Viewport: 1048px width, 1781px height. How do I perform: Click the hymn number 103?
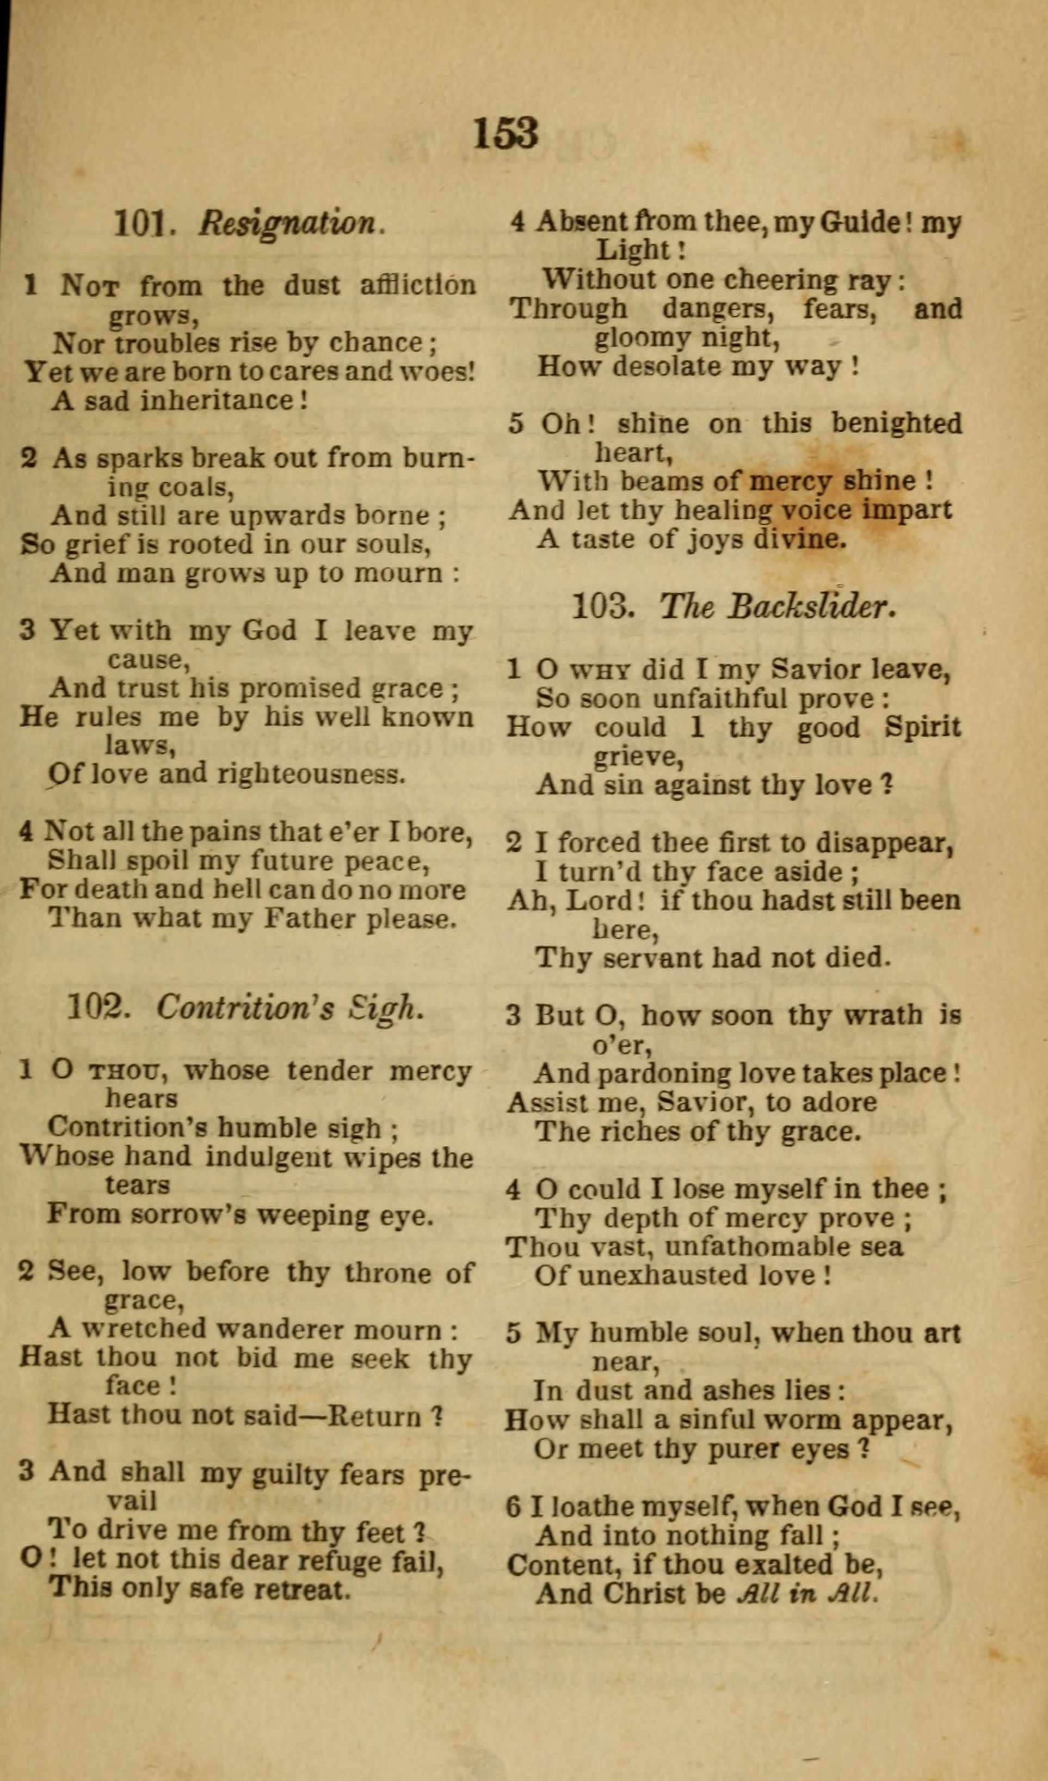click(601, 606)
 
